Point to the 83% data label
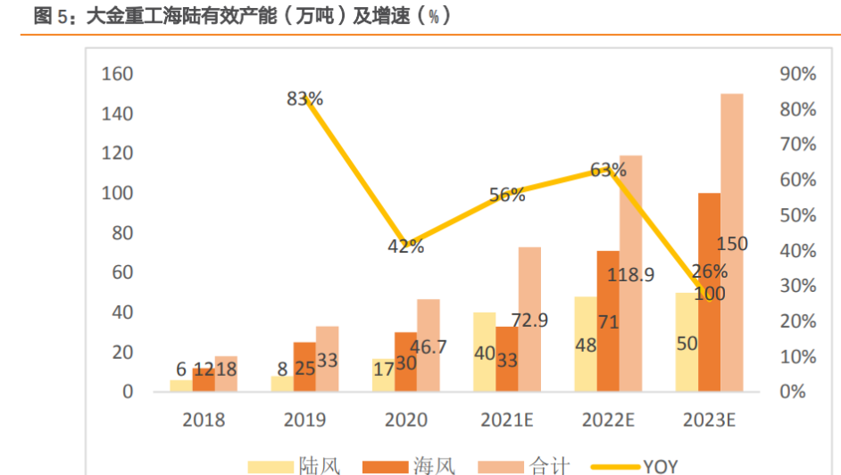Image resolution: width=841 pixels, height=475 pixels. click(x=304, y=99)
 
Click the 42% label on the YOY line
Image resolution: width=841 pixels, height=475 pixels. click(x=405, y=246)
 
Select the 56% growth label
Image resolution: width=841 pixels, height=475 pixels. click(x=507, y=195)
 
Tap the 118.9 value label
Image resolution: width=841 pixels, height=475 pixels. click(x=630, y=274)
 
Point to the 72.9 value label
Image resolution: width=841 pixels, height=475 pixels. click(x=529, y=319)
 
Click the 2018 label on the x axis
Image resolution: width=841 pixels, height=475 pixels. click(x=204, y=419)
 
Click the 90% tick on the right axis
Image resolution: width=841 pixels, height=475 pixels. click(x=797, y=74)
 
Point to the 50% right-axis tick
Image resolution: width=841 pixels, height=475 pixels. click(x=797, y=215)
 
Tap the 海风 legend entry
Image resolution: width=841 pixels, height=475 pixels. click(x=412, y=465)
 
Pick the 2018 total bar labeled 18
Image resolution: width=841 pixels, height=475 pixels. click(x=226, y=374)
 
